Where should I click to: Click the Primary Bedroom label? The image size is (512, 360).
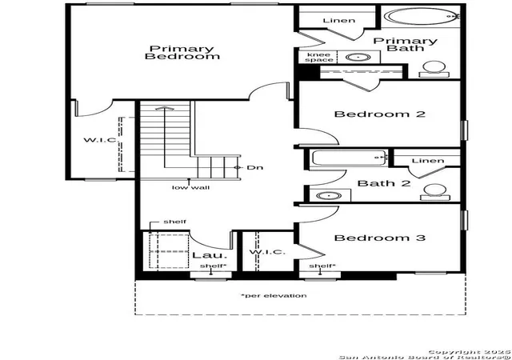[x=182, y=53]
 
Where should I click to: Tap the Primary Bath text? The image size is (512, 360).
[x=406, y=45]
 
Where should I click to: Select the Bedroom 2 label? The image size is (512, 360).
[x=380, y=114]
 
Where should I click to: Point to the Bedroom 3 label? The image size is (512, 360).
[x=380, y=238]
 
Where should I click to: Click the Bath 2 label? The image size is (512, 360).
[x=384, y=183]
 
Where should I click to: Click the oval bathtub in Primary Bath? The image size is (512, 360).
[x=422, y=16]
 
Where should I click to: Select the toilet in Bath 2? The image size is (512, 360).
[x=435, y=192]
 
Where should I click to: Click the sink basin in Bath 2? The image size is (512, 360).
[x=329, y=196]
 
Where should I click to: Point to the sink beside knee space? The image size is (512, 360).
[x=358, y=57]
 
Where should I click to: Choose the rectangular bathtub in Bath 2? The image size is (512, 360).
[x=350, y=158]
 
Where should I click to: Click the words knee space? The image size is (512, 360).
[x=319, y=57]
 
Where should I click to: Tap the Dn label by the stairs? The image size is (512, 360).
[x=254, y=167]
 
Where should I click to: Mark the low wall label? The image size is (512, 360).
[x=190, y=187]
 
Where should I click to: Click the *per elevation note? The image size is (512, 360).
[x=274, y=296]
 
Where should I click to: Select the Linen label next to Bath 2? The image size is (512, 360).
[x=428, y=161]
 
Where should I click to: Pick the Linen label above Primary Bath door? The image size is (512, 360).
[x=339, y=21]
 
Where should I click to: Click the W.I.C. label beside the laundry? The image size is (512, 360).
[x=267, y=252]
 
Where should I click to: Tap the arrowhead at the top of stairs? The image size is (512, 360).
[x=165, y=108]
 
